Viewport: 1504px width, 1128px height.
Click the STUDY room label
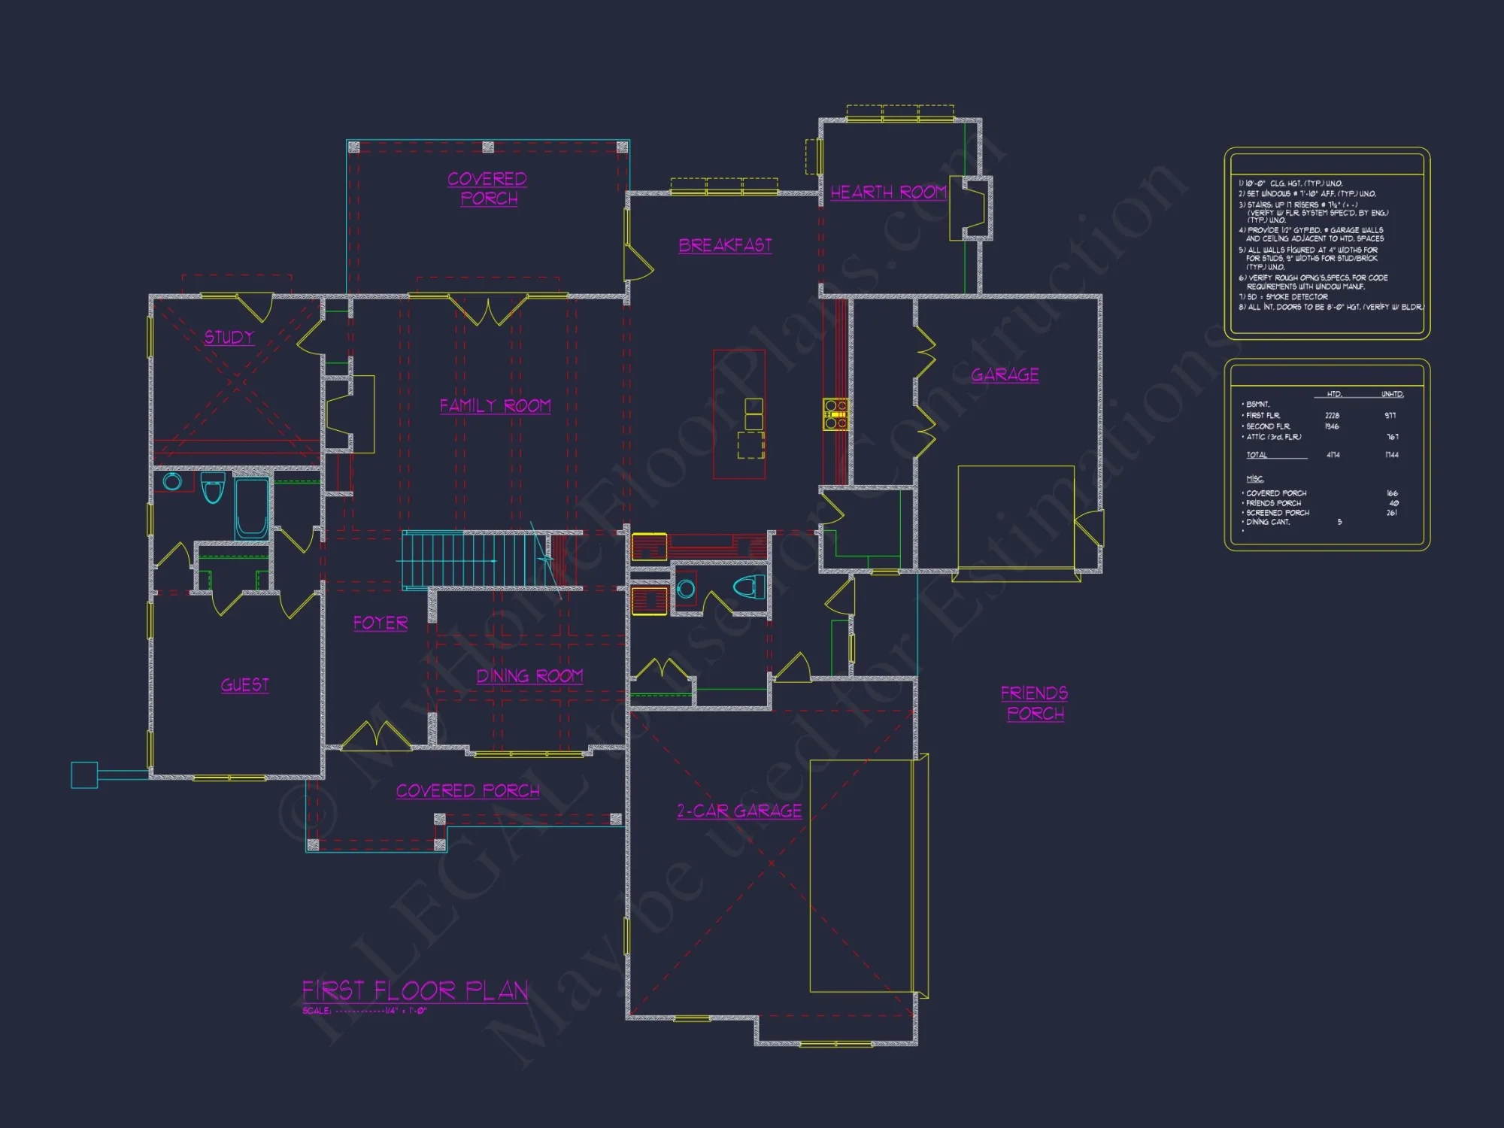pos(229,337)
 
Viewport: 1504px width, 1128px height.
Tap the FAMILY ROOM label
pos(495,406)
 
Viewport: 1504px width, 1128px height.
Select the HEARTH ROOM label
pos(887,193)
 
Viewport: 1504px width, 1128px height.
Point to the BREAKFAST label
pos(725,245)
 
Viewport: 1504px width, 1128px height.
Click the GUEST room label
pos(244,685)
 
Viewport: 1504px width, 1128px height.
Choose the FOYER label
pos(381,623)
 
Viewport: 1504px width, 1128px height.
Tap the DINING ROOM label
pos(529,676)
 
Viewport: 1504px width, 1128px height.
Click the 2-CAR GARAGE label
pos(739,811)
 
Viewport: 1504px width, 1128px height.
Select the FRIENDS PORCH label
pos(1035,703)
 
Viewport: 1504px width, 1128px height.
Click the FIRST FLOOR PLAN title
pos(415,990)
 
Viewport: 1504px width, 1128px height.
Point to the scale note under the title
pos(365,1011)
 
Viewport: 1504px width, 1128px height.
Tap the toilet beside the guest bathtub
pos(213,487)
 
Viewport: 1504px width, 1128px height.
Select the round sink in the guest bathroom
pos(172,481)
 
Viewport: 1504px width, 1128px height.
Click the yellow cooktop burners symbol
pos(835,414)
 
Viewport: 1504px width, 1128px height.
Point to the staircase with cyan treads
pos(474,559)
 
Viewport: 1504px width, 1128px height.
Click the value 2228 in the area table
pos(1332,415)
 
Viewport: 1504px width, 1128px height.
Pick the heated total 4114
pos(1333,455)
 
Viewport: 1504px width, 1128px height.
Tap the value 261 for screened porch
pos(1391,513)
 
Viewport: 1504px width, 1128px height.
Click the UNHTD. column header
pos(1392,394)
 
